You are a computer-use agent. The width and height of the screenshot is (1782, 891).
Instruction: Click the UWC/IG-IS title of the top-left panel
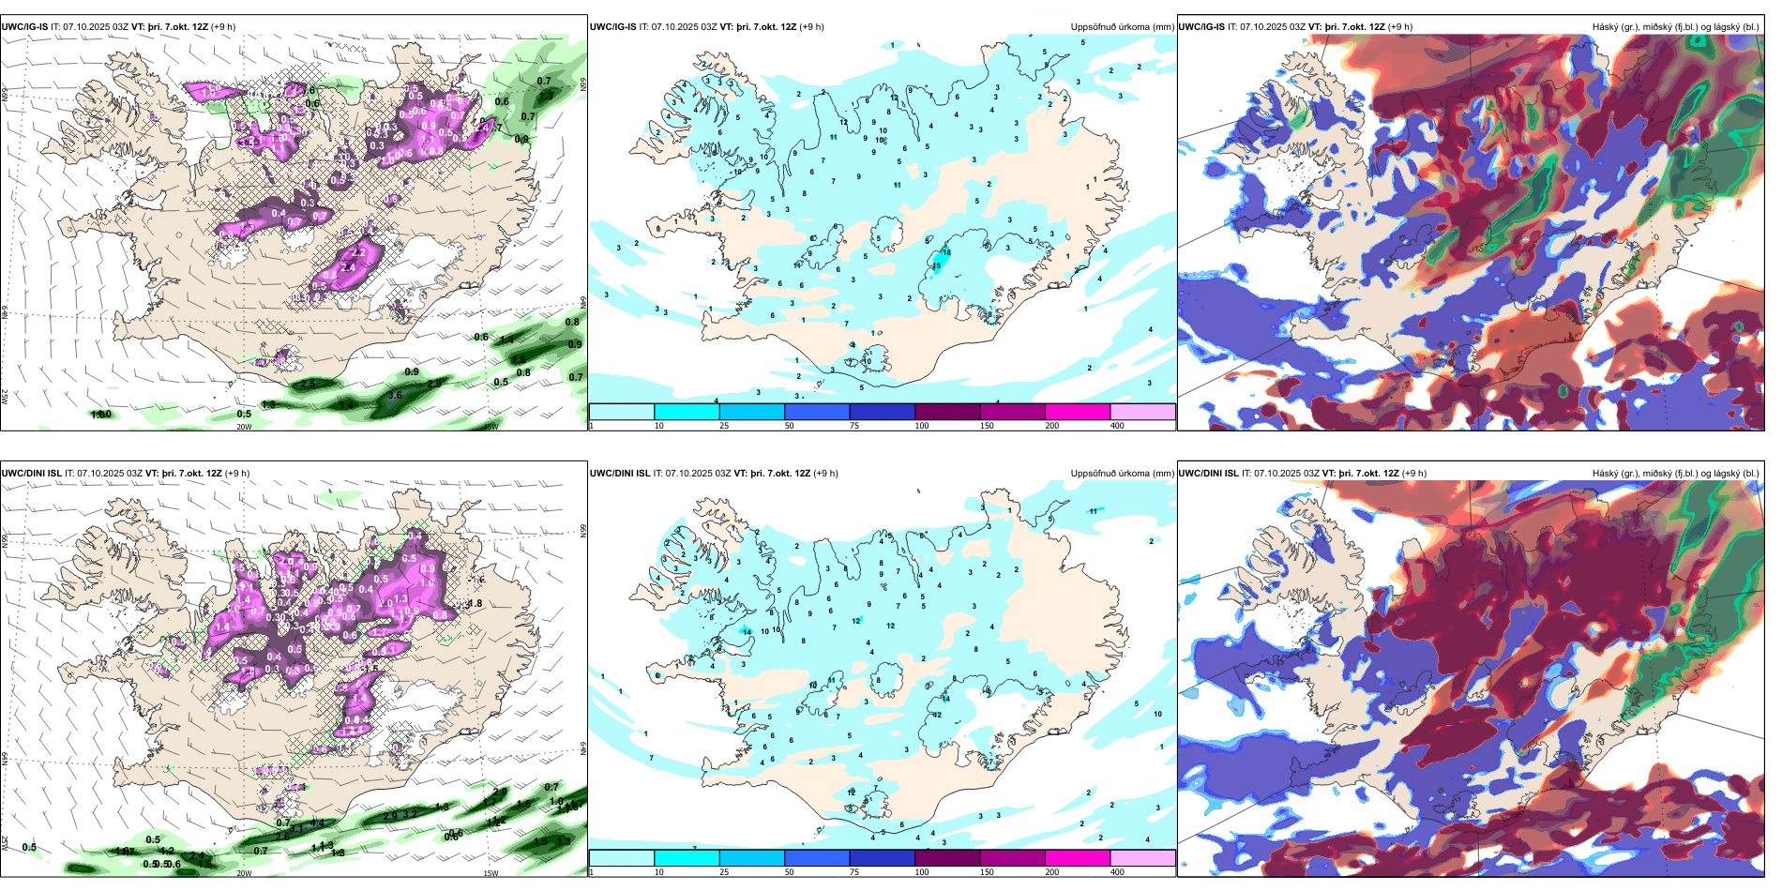pyautogui.click(x=24, y=27)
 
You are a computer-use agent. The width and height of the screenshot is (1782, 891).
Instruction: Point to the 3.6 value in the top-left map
pyautogui.click(x=395, y=395)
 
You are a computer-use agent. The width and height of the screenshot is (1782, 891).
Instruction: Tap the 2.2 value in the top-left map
pyautogui.click(x=357, y=253)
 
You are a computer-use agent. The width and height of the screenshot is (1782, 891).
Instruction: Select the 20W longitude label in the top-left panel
pyautogui.click(x=244, y=427)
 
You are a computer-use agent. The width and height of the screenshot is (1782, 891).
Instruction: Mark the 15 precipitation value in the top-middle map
pyautogui.click(x=936, y=266)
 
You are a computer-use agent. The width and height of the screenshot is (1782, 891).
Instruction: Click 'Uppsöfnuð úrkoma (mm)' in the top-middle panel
pyautogui.click(x=1122, y=27)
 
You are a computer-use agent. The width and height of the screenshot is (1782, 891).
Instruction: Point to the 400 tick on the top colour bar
pyautogui.click(x=1117, y=426)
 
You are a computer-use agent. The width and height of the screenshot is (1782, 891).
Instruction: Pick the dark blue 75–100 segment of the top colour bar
pyautogui.click(x=882, y=412)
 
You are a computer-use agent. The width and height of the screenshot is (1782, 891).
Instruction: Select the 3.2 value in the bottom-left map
pyautogui.click(x=410, y=814)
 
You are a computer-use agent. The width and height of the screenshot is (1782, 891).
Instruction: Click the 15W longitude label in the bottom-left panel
pyautogui.click(x=490, y=873)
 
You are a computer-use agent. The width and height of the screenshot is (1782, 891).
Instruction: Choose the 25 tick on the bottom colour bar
pyautogui.click(x=724, y=872)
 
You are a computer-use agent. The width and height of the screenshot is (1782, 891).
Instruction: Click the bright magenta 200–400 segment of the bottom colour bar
pyautogui.click(x=1078, y=858)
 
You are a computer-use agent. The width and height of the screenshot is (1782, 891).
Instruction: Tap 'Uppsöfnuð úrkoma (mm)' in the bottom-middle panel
pyautogui.click(x=1122, y=474)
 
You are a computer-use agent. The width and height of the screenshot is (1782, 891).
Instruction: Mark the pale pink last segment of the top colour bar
pyautogui.click(x=1142, y=412)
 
